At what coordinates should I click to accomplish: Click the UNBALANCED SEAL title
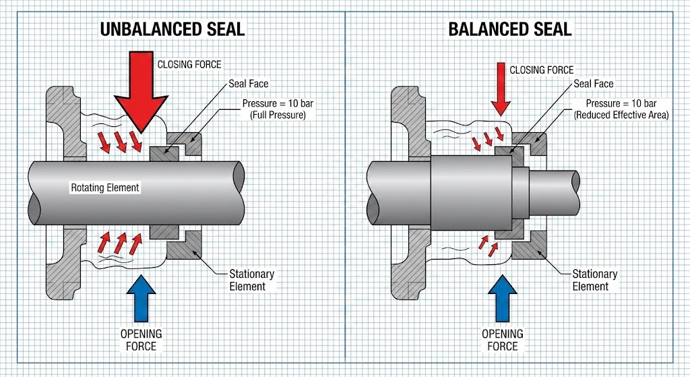172,29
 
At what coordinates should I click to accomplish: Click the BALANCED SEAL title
510,29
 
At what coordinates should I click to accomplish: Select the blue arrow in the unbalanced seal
140,297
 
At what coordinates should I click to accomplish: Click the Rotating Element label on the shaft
105,187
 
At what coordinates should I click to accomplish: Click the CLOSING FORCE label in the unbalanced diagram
189,65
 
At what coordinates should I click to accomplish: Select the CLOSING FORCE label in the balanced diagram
542,69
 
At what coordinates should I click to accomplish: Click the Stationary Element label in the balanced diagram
594,280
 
